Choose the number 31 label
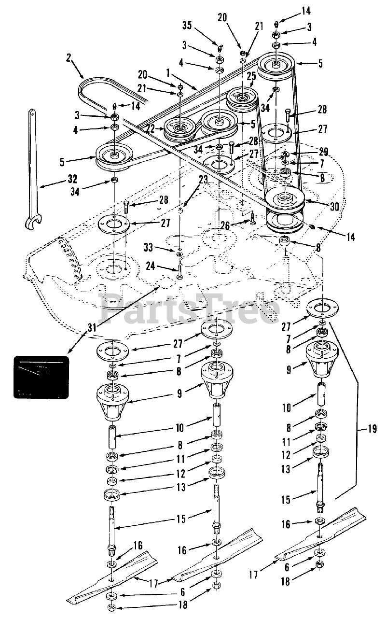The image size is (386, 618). pos(91,327)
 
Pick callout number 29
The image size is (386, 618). pos(323,152)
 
